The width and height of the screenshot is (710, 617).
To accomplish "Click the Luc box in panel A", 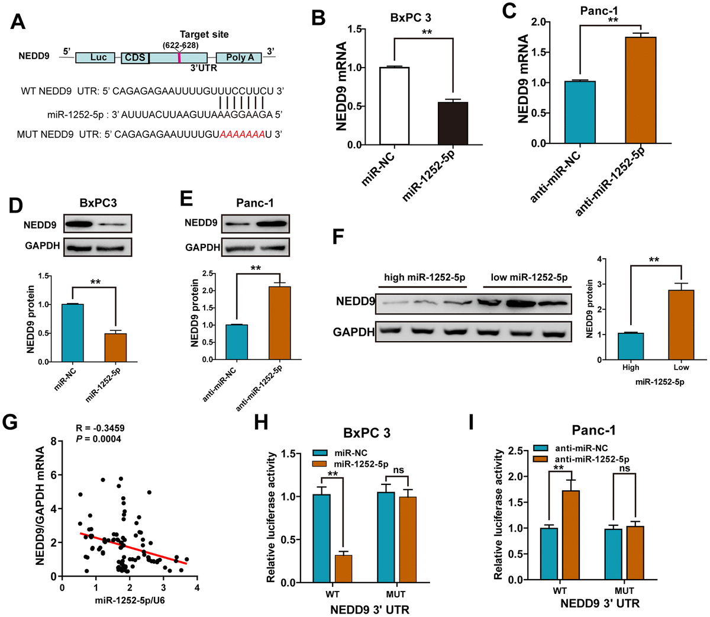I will (98, 57).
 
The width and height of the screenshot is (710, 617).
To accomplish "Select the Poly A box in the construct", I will (239, 57).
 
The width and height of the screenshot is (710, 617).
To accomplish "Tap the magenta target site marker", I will (179, 57).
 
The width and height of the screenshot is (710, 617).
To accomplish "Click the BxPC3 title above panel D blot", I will (98, 203).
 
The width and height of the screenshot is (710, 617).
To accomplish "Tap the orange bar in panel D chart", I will (115, 347).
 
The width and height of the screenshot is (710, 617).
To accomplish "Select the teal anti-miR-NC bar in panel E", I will (236, 342).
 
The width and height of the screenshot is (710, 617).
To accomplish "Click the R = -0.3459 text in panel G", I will (100, 428).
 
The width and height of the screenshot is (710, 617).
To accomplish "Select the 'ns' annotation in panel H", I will (398, 470).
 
